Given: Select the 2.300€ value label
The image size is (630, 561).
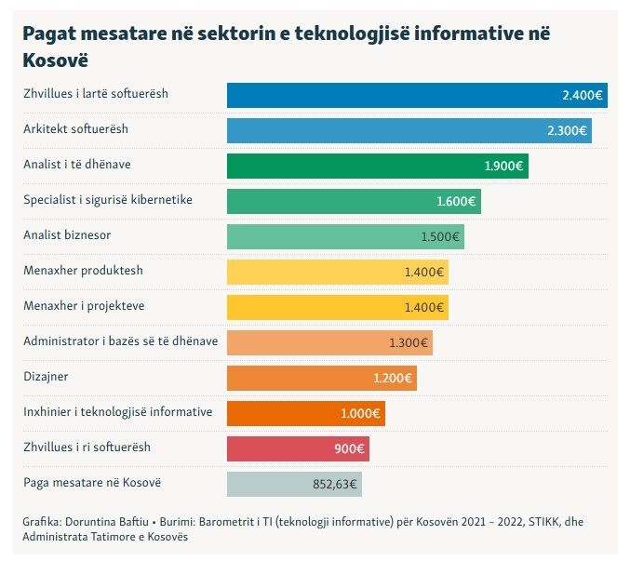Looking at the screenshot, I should coord(566,131).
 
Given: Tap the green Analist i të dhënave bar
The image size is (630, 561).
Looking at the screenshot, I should coord(354,166).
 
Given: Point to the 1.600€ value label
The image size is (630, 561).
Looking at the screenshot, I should coord(456,201).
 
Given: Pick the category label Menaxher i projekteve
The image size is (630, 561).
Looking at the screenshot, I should coord(84,306).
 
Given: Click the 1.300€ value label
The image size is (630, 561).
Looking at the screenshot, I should coord(408,342).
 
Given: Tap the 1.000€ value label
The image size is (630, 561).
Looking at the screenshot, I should coord(360,413).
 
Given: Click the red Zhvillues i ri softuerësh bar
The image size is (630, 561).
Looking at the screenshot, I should coord(279,448).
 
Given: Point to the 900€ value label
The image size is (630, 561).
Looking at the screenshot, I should coord(350,448).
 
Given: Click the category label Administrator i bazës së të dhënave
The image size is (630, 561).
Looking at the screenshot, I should coord(121,341).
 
